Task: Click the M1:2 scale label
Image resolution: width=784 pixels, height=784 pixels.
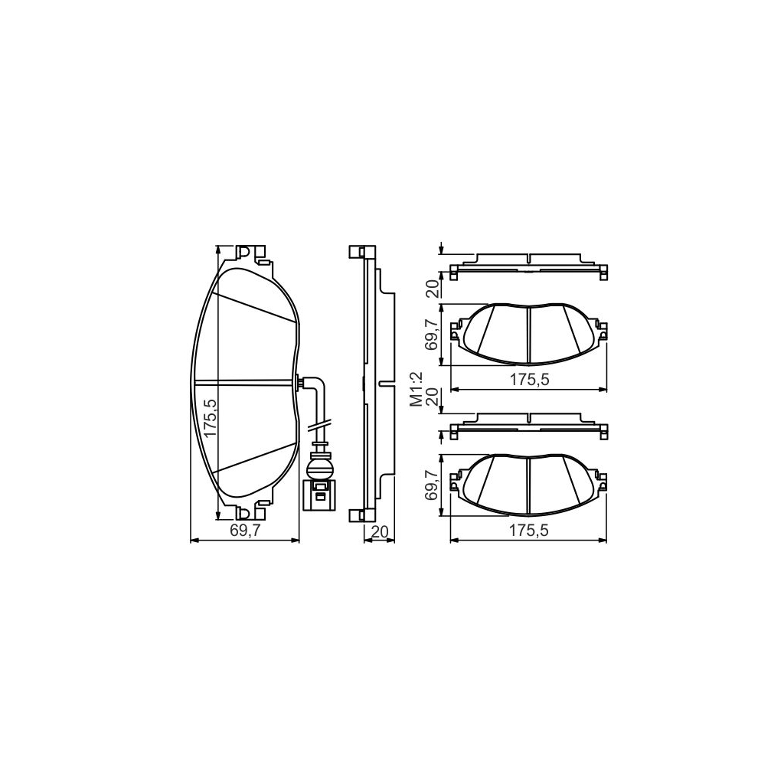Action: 416,388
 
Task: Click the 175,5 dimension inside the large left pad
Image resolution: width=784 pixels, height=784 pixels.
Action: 211,418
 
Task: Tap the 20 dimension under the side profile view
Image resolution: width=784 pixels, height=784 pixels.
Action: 379,532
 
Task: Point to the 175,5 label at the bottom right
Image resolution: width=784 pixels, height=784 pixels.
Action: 528,532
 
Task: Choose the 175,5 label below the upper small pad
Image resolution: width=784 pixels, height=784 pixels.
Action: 528,381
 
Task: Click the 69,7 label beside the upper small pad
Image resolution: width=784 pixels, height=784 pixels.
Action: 433,335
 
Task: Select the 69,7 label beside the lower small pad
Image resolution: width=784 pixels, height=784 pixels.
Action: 433,486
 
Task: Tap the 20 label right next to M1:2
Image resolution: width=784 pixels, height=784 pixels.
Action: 433,398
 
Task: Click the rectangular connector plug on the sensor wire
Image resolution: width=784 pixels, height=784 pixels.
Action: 318,494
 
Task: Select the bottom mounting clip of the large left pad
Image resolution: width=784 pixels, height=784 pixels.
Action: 247,511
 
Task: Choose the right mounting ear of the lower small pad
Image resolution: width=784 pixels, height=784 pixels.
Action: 602,481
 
